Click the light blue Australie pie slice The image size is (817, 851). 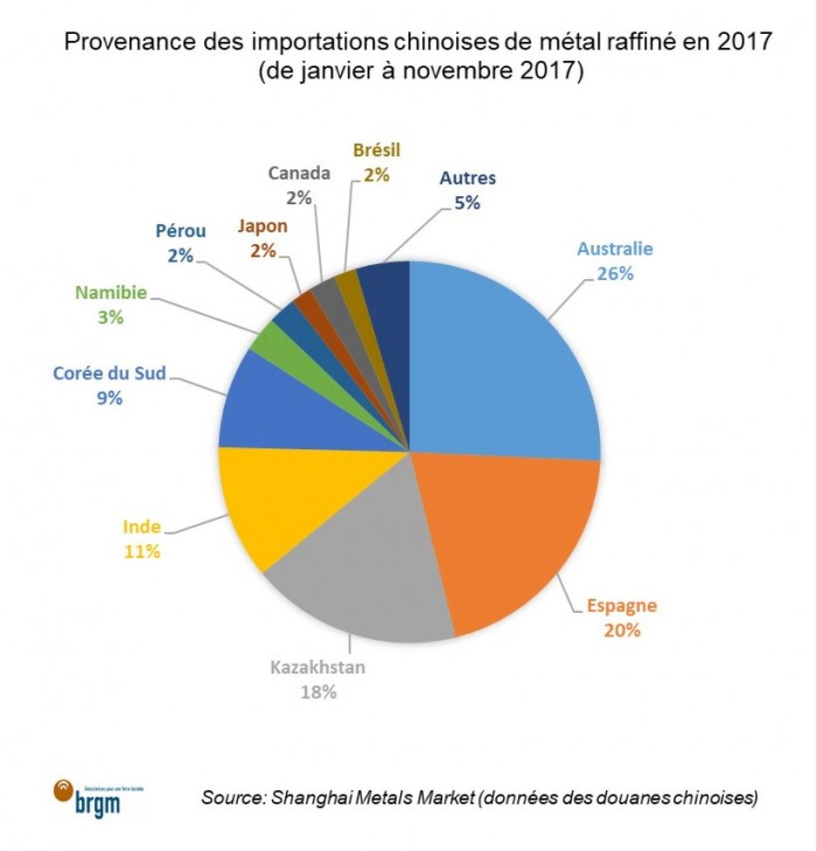501,363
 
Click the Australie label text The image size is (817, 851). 615,249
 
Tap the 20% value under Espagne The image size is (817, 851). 622,630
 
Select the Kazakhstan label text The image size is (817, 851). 318,667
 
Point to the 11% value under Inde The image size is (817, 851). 142,551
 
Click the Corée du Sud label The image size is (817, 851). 110,373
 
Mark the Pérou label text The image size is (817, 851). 180,231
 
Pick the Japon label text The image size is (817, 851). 263,226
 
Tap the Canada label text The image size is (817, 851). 299,173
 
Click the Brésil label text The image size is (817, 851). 377,150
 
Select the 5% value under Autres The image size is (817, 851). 467,202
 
